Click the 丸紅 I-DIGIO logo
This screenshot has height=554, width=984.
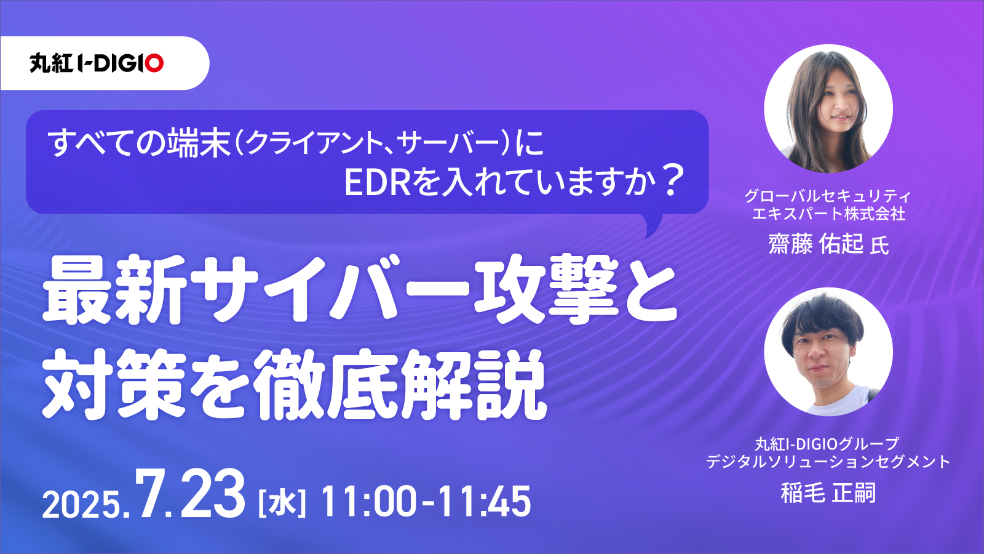97,63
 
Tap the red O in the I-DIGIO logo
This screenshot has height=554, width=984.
154,63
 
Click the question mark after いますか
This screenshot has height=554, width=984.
671,181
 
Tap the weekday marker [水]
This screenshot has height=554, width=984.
282,502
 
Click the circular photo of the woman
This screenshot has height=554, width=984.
828,108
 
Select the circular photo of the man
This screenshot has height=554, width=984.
828,351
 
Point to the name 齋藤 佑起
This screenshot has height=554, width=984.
815,244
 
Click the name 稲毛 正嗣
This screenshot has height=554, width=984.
828,492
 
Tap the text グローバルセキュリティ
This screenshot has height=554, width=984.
828,196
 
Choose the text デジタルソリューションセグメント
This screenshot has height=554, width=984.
828,462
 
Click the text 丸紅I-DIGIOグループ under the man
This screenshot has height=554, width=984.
828,444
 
